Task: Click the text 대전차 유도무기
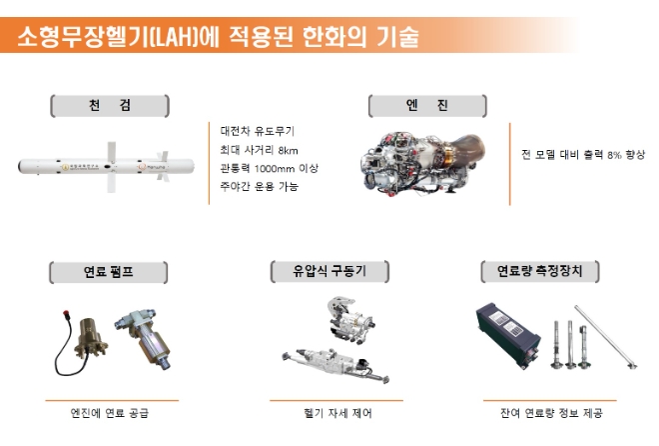pos(258,130)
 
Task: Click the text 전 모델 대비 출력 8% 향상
pos(583,155)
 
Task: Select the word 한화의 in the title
pos(319,37)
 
